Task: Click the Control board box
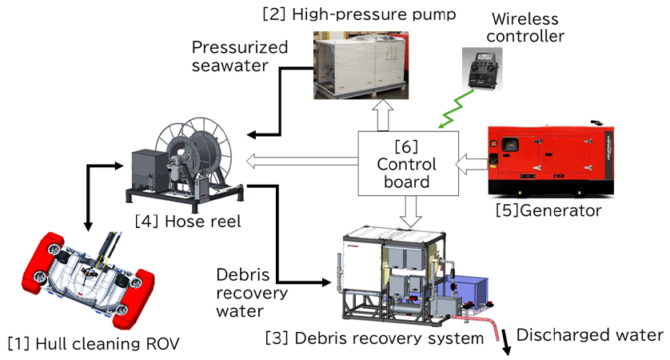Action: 407,162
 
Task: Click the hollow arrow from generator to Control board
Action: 472,163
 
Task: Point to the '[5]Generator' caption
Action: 548,210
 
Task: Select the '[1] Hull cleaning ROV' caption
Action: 94,344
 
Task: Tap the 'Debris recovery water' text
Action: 248,291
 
